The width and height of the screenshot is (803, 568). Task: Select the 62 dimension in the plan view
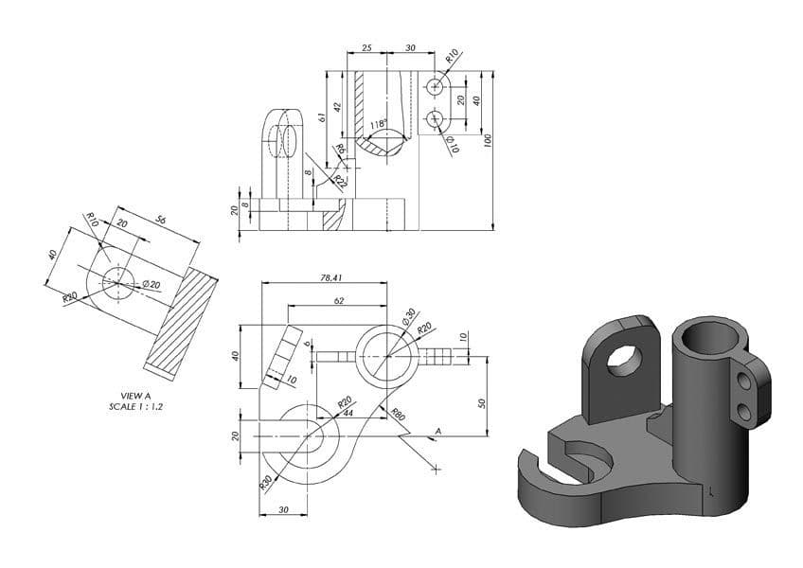(x=338, y=300)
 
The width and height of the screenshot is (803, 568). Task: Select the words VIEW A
(x=131, y=396)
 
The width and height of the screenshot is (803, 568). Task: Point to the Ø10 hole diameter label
(x=453, y=145)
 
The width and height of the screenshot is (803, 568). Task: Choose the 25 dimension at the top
(x=366, y=47)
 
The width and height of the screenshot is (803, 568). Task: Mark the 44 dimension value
(x=347, y=413)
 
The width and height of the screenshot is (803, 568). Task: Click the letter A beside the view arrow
(x=437, y=433)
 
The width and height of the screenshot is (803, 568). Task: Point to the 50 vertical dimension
(x=481, y=402)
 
